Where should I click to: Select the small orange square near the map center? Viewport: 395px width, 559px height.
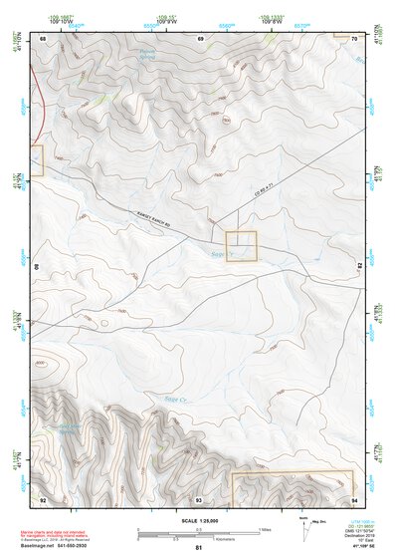(x=242, y=245)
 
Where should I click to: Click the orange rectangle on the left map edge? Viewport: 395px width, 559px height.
(x=37, y=161)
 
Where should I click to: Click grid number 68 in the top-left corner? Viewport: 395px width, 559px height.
(x=44, y=39)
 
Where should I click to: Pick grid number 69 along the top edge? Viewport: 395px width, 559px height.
(x=201, y=39)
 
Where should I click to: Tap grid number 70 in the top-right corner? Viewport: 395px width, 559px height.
(x=354, y=39)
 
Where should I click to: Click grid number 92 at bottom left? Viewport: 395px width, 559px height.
(x=43, y=499)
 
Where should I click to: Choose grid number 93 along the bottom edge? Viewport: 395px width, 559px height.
(x=199, y=499)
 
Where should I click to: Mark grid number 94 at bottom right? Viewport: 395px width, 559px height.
(x=354, y=499)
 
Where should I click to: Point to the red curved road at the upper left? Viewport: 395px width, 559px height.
(x=39, y=119)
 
